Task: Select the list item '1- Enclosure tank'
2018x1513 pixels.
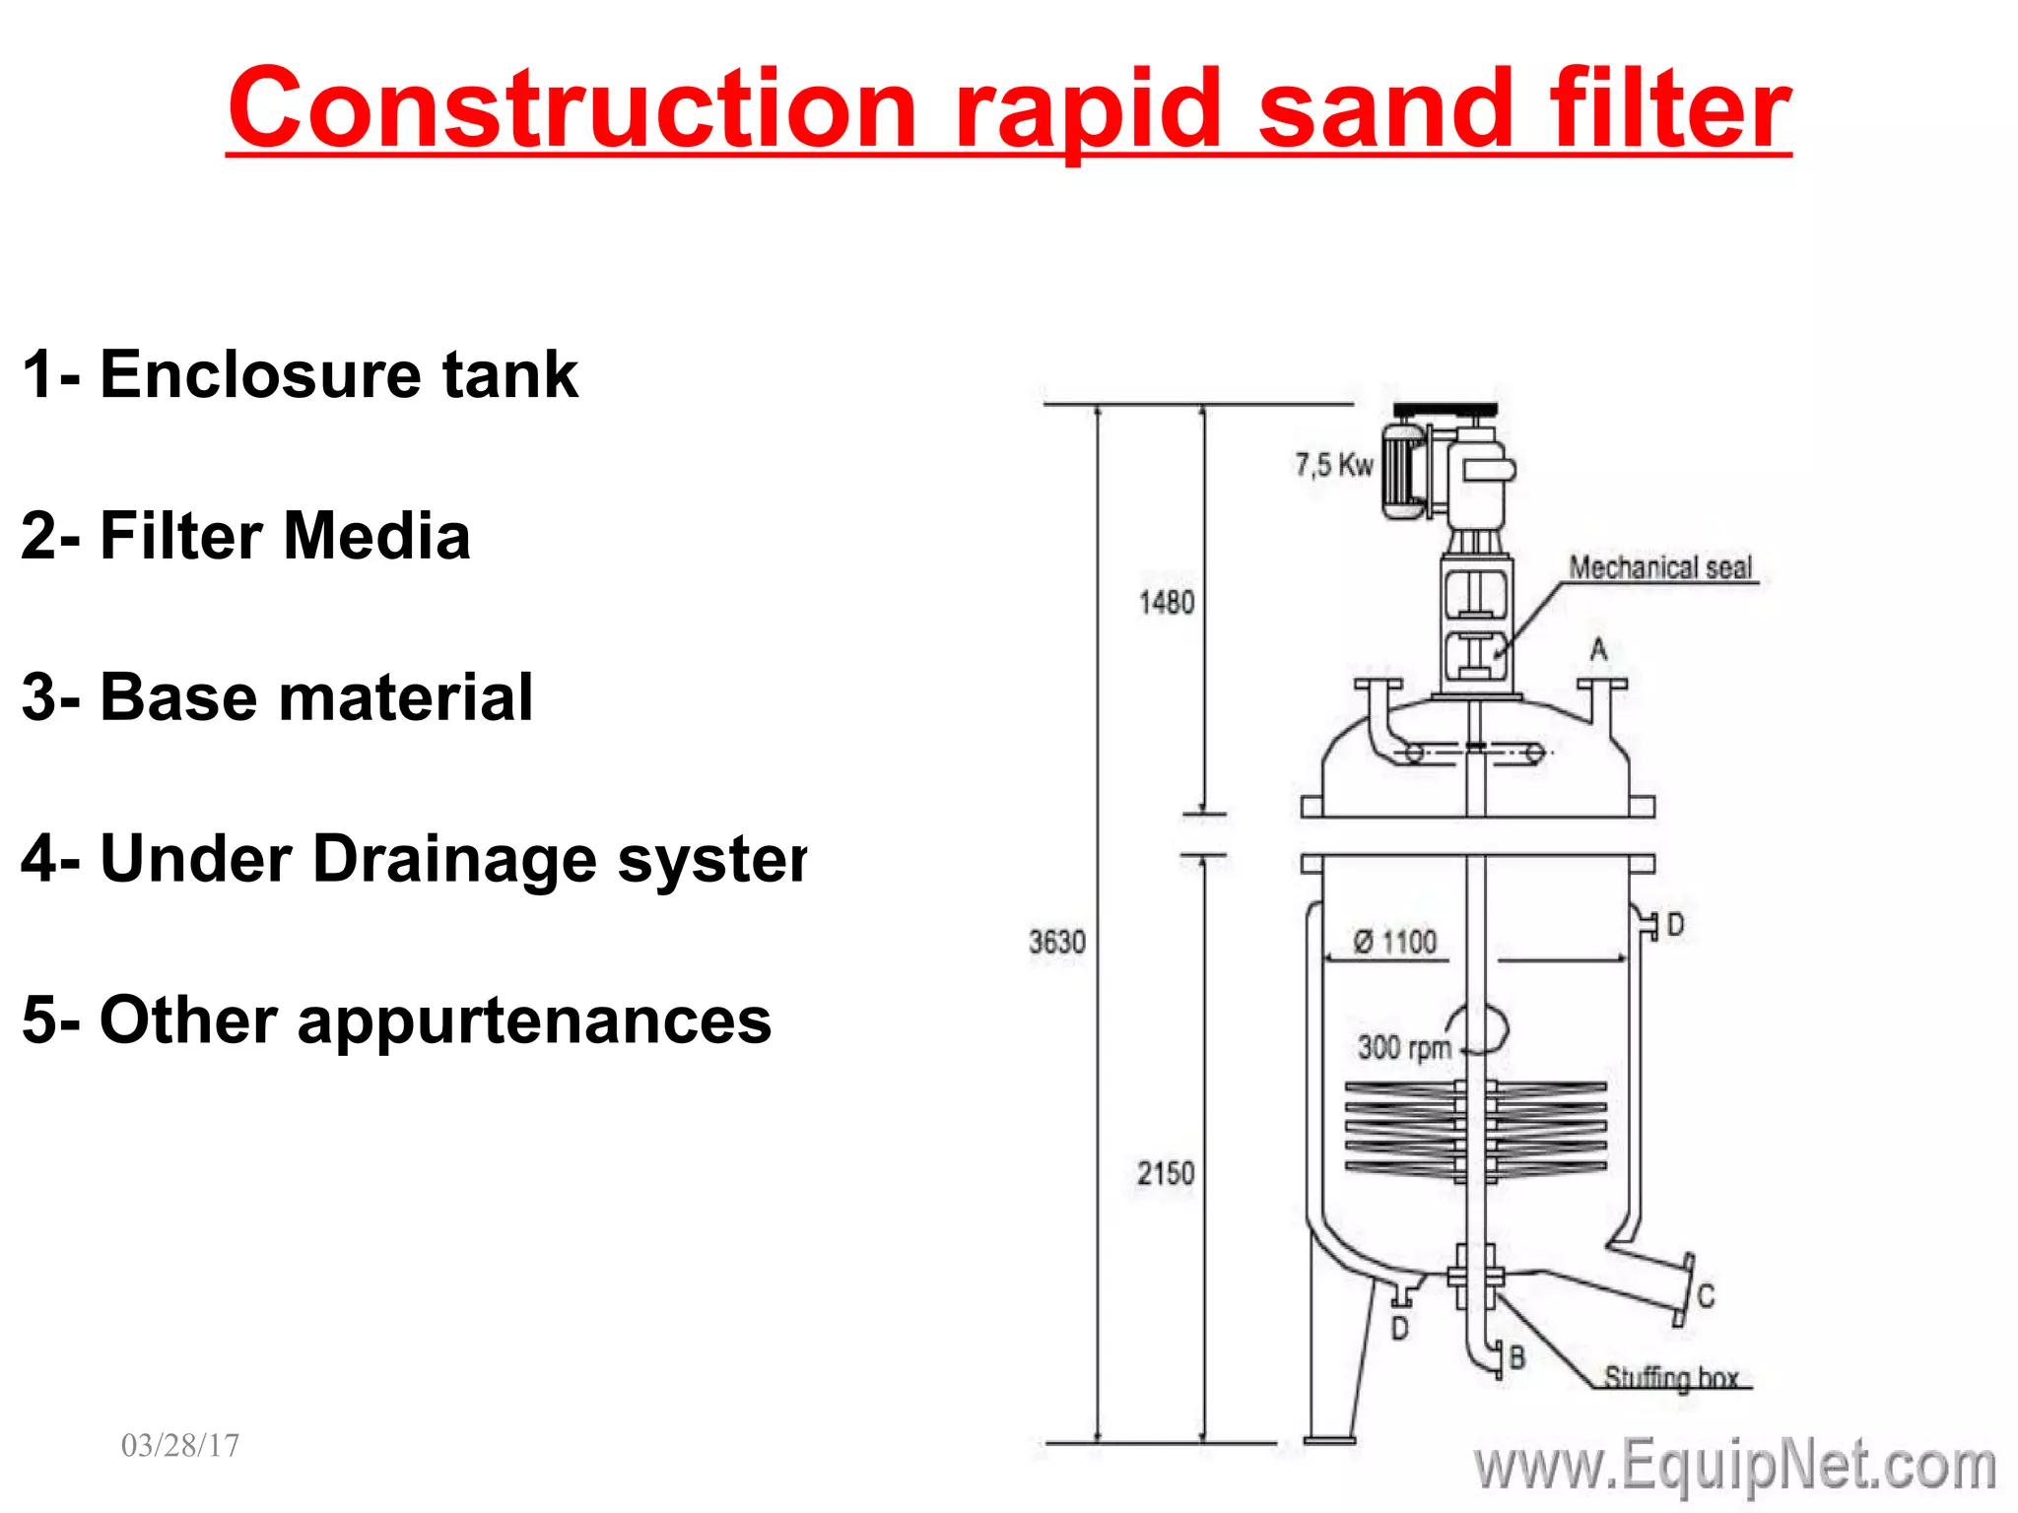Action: [x=300, y=375]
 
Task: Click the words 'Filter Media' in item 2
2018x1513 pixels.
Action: [x=285, y=537]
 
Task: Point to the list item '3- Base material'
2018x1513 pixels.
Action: [x=277, y=697]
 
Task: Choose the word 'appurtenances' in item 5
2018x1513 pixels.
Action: [x=534, y=1020]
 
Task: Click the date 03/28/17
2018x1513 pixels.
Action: [x=180, y=1445]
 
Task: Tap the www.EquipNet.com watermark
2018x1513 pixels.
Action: [x=1734, y=1466]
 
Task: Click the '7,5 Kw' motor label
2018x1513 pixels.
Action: [x=1333, y=464]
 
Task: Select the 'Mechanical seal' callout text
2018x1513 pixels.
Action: [x=1660, y=567]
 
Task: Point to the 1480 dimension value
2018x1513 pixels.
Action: [x=1167, y=602]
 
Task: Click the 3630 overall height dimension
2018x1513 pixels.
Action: [x=1057, y=942]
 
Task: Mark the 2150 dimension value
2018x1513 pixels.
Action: [x=1166, y=1173]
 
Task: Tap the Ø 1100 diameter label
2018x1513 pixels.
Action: [x=1395, y=942]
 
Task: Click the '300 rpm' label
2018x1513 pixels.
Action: [x=1404, y=1046]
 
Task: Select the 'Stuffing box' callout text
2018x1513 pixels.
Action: [x=1670, y=1376]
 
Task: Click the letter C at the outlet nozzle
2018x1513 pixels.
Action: [x=1707, y=1295]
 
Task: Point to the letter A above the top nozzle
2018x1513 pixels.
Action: [x=1598, y=649]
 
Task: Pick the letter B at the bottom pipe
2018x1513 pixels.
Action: [x=1517, y=1357]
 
